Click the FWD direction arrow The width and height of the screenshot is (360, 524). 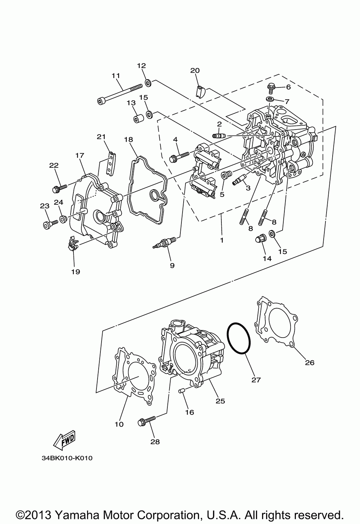tap(64, 438)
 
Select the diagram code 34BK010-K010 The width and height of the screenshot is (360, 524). tap(67, 458)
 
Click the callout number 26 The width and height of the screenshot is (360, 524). tap(310, 363)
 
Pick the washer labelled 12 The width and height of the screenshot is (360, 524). tap(148, 83)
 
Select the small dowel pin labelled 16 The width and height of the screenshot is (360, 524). tap(182, 391)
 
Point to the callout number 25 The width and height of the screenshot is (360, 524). tap(220, 401)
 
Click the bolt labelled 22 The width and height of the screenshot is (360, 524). tap(59, 187)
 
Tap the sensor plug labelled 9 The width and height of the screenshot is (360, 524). tap(165, 242)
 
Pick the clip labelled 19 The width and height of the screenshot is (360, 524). tap(72, 244)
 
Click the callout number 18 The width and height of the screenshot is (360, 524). tap(129, 139)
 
